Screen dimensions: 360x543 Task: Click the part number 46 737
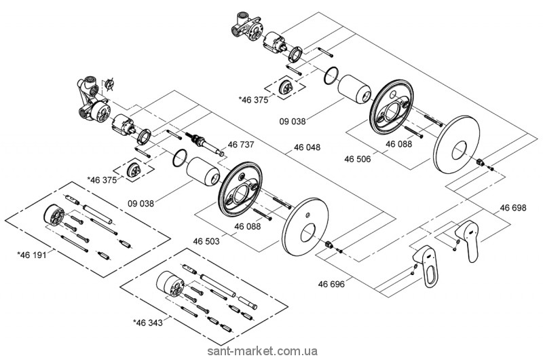[x=240, y=144]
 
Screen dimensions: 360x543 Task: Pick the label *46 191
[x=31, y=254]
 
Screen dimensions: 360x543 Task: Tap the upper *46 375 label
[x=252, y=99]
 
